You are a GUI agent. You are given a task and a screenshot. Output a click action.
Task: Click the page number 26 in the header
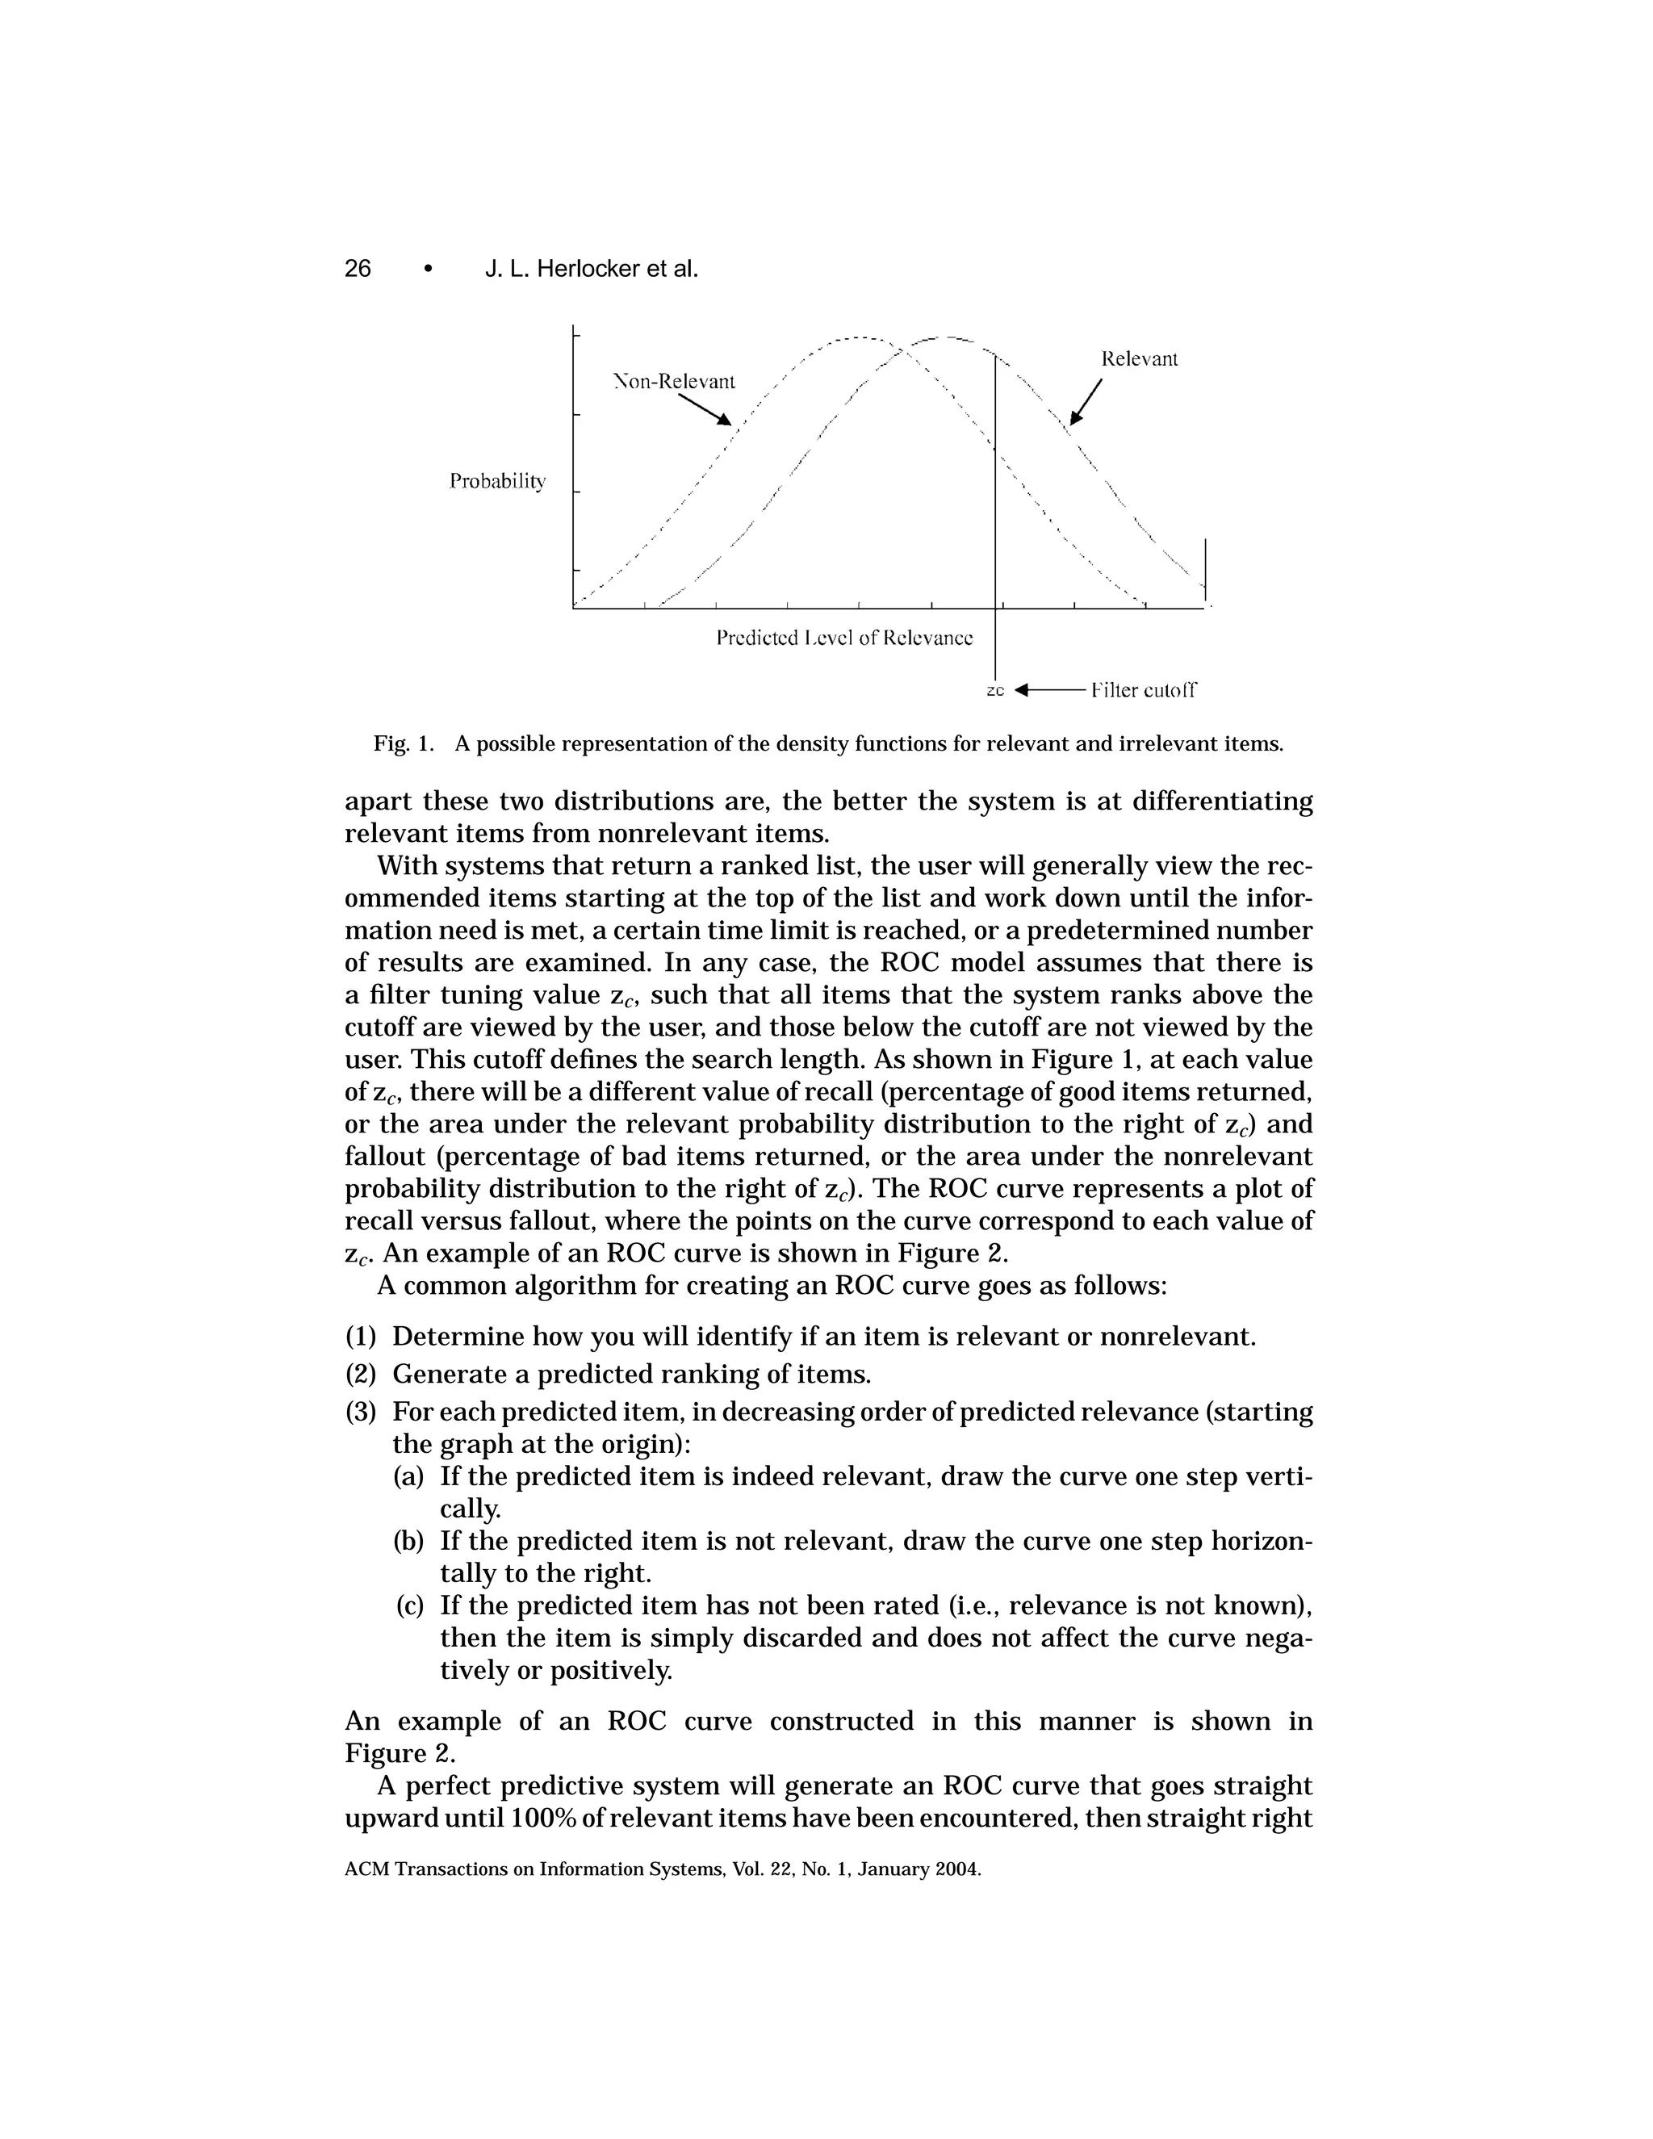(358, 268)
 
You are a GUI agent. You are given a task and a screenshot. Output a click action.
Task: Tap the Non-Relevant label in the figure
(674, 381)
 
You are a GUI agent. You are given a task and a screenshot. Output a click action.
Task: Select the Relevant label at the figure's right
(1139, 358)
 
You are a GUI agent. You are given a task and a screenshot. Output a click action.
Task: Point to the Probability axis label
(497, 482)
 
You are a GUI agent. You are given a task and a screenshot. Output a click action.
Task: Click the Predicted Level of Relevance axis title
(844, 638)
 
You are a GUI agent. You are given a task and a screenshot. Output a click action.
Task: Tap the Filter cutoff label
(1143, 690)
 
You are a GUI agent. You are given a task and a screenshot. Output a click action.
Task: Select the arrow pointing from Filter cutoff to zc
(1048, 690)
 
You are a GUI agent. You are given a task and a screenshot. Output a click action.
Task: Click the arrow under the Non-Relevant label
(706, 410)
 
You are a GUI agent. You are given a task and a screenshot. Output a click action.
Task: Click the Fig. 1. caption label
(403, 744)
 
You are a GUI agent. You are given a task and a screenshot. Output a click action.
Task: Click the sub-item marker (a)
(409, 1476)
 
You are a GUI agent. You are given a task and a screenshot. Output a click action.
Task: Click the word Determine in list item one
(453, 1337)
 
